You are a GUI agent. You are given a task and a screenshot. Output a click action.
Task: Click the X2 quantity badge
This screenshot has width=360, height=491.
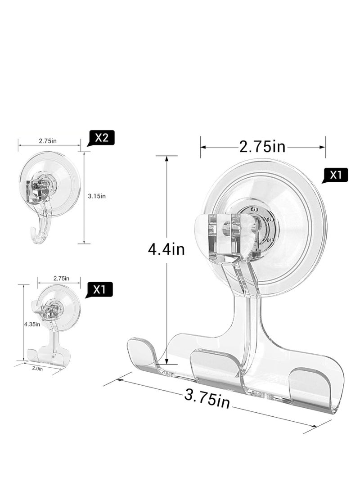click(x=102, y=138)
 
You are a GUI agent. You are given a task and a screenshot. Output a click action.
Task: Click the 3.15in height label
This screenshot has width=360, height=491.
click(x=97, y=196)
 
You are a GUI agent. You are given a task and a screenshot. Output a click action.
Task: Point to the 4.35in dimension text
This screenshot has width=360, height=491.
click(x=32, y=324)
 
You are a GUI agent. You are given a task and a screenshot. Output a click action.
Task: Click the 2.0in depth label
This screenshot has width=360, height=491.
click(x=37, y=369)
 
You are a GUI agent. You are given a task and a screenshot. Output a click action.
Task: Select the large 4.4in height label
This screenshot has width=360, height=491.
click(x=166, y=249)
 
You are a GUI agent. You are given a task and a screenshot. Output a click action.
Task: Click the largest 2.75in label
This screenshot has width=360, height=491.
click(x=262, y=146)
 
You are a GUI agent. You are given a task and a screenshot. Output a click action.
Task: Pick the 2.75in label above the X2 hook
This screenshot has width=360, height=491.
click(x=48, y=141)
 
